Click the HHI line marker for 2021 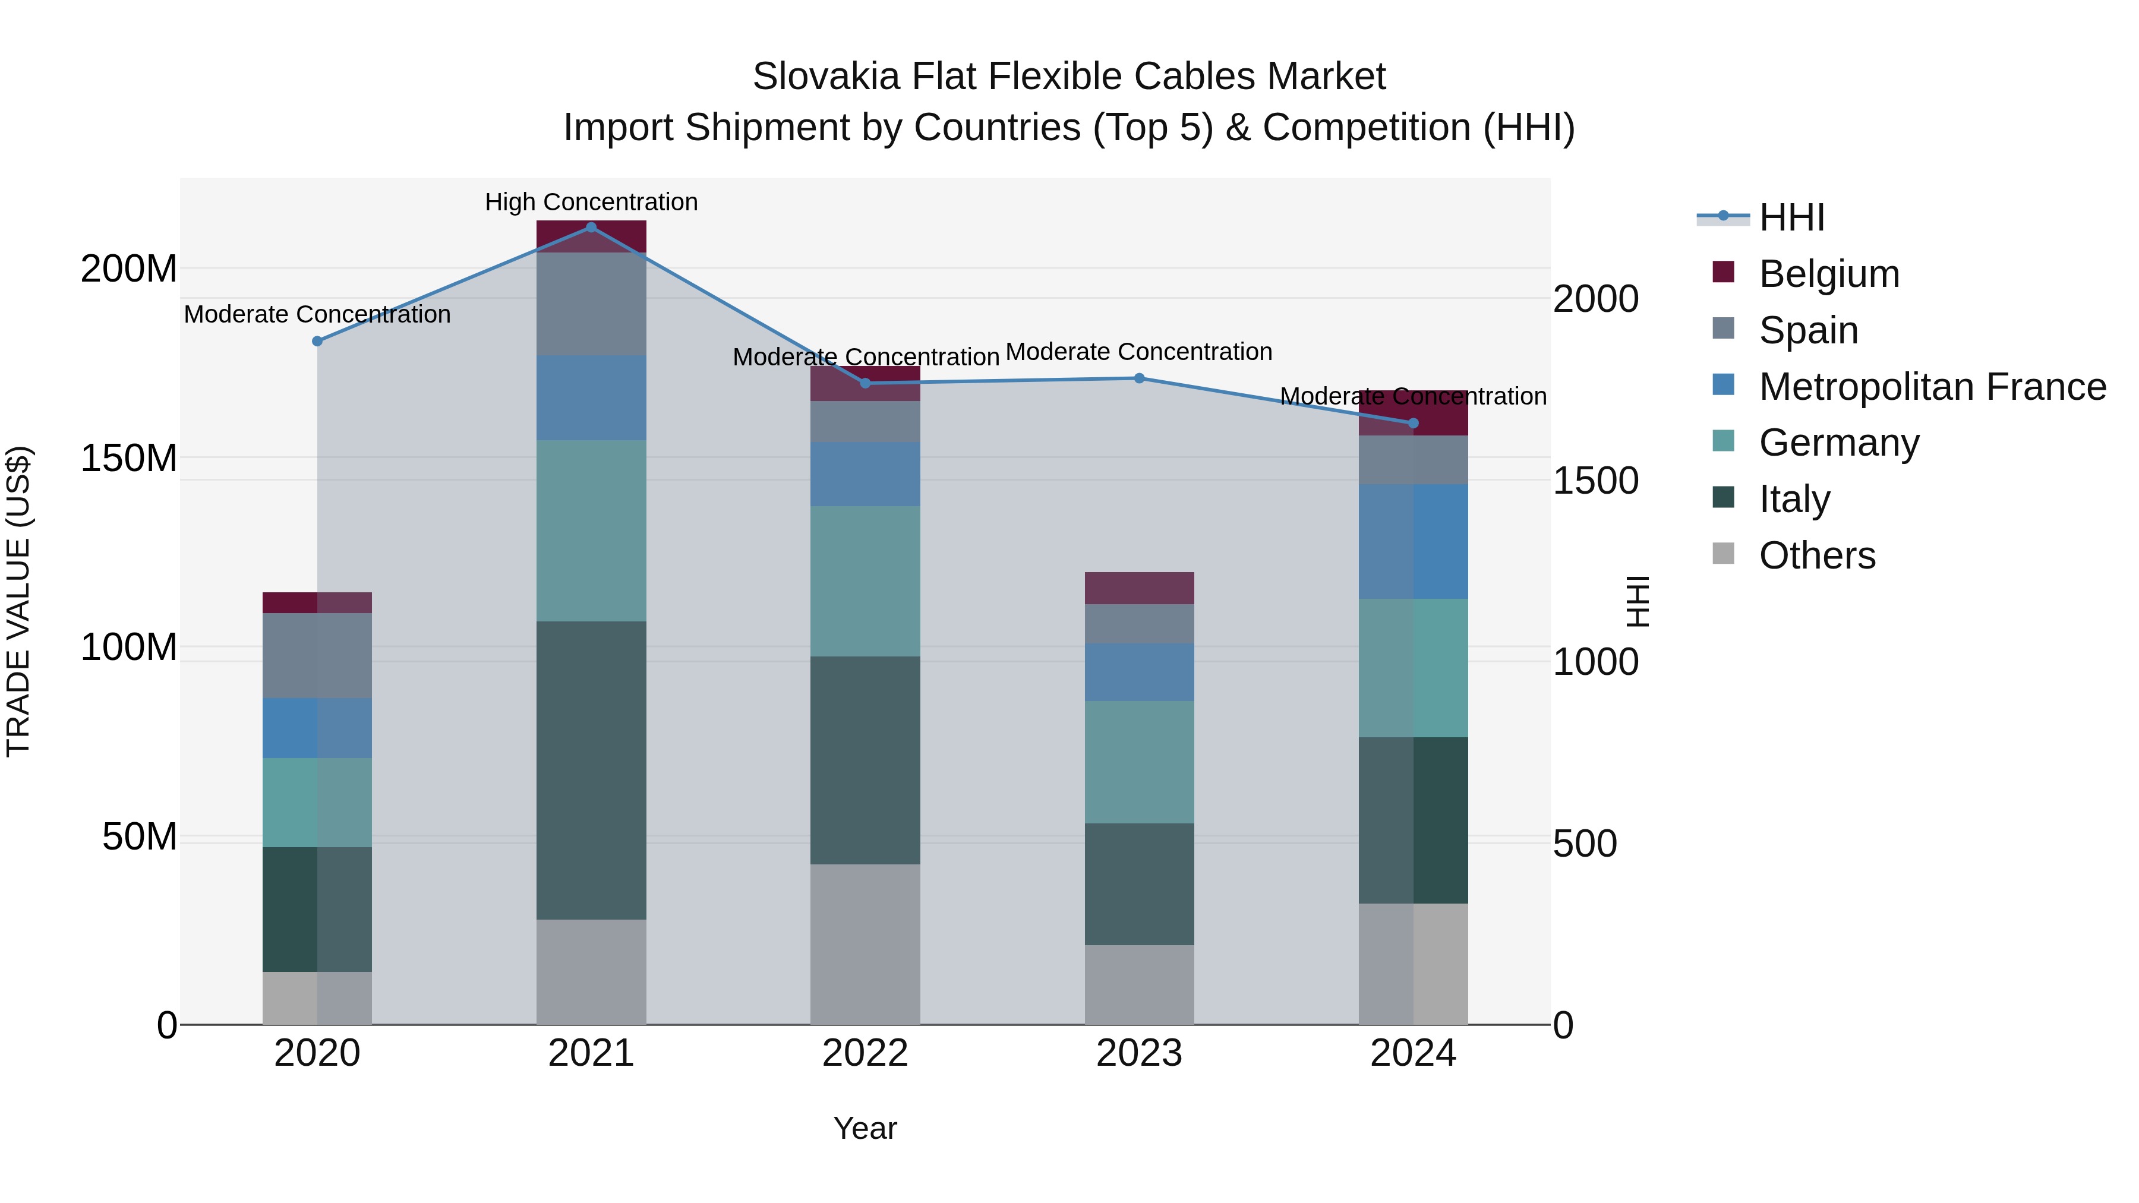pyautogui.click(x=591, y=228)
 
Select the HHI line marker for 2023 pyautogui.click(x=1139, y=378)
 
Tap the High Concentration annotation pyautogui.click(x=591, y=203)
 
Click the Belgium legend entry pyautogui.click(x=1828, y=274)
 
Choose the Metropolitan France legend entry pyautogui.click(x=1932, y=387)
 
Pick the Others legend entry pyautogui.click(x=1817, y=555)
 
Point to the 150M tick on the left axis pyautogui.click(x=129, y=458)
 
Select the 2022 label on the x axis pyautogui.click(x=865, y=1053)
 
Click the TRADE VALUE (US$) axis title pyautogui.click(x=19, y=602)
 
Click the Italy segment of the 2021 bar pyautogui.click(x=591, y=771)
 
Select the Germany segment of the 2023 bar pyautogui.click(x=1139, y=762)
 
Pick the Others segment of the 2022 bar pyautogui.click(x=865, y=945)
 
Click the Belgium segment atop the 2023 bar pyautogui.click(x=1139, y=588)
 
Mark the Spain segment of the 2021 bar pyautogui.click(x=591, y=304)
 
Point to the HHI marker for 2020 pyautogui.click(x=317, y=341)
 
